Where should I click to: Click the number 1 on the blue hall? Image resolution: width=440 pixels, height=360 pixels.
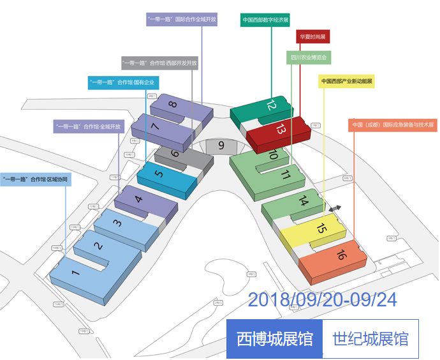pos(76,274)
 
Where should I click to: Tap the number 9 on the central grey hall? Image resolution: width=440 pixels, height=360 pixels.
pos(221,146)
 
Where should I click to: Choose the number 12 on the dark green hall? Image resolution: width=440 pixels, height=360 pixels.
pos(272,105)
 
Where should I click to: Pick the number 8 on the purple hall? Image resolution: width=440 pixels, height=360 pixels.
pos(172,105)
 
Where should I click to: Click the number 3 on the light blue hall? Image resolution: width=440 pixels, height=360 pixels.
pos(117,223)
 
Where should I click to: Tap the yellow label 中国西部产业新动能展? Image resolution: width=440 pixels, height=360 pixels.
pos(347,82)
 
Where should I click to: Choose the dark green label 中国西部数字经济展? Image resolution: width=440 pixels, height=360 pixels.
pos(266,20)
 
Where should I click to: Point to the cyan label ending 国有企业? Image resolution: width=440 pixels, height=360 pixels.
pos(122,82)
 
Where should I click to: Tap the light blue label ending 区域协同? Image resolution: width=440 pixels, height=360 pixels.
pos(36,179)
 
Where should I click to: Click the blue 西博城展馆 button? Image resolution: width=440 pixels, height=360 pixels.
pos(274,338)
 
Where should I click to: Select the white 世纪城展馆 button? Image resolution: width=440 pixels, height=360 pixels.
pos(370,338)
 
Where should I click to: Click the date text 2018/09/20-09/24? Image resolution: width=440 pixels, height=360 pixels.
pos(321,299)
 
